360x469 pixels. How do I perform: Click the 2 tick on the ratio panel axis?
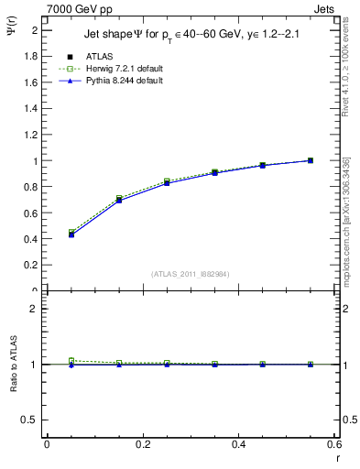point(35,309)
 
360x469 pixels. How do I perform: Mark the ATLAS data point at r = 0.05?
point(71,234)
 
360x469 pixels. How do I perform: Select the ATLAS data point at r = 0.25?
point(167,183)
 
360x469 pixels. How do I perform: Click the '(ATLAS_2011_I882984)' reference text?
point(190,274)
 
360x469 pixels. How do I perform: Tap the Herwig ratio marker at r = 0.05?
point(71,360)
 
